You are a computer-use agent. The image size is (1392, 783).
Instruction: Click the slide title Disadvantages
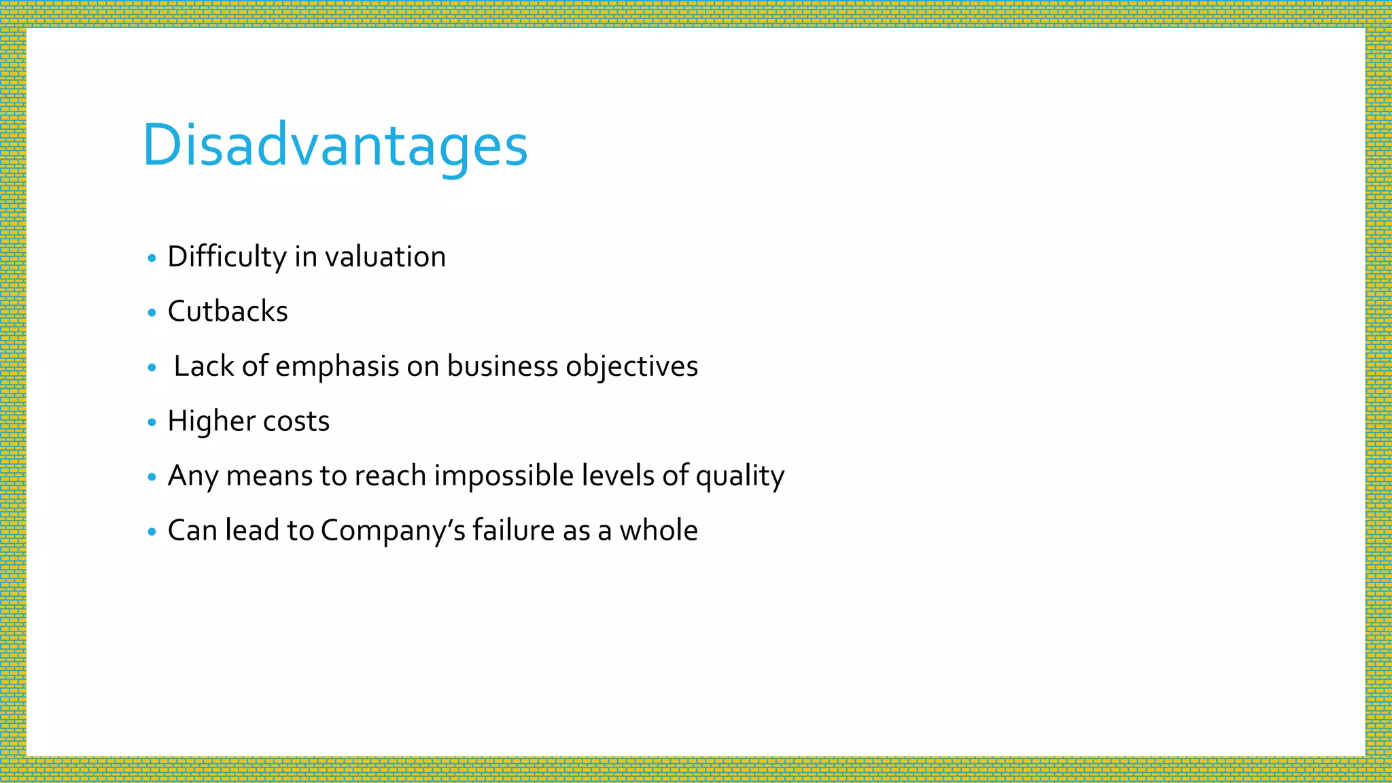coord(334,145)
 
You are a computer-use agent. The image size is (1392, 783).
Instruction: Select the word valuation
coord(385,257)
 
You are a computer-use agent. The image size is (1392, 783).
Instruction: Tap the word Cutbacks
coord(228,311)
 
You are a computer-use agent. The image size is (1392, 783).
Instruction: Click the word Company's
coord(393,531)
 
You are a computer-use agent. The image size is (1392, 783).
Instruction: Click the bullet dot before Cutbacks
coord(152,313)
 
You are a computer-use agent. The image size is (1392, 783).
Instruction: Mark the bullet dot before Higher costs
coord(152,422)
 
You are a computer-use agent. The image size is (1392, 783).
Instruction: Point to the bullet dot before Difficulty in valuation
coord(152,258)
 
